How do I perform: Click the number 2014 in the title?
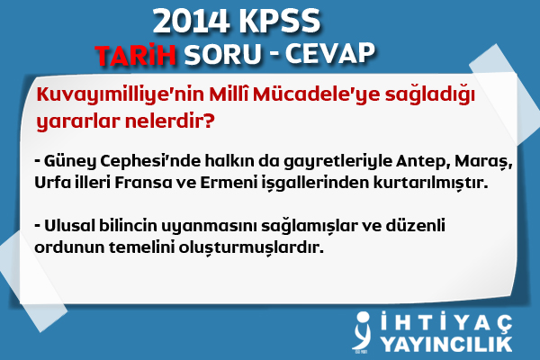coord(191,22)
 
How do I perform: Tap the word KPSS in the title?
coord(280,22)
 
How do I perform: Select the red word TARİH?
coord(136,54)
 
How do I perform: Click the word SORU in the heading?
coord(222,54)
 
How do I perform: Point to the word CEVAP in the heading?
coord(330,54)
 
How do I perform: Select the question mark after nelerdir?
coord(209,121)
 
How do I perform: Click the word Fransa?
coord(143,183)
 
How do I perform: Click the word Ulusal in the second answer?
coord(69,226)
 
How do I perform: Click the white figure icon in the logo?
coord(363,331)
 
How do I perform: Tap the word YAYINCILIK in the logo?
coord(446,345)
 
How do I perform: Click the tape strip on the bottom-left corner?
coord(32,281)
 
